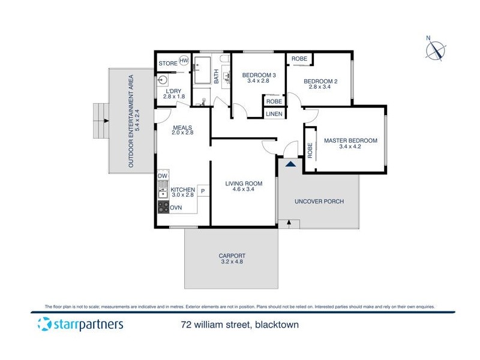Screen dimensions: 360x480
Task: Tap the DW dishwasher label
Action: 163,176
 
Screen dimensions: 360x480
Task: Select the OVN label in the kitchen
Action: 176,208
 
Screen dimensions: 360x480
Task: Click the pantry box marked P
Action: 203,191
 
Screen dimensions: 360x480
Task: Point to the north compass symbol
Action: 436,50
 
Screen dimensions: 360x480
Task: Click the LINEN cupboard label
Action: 274,113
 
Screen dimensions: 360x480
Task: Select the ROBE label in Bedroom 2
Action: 299,59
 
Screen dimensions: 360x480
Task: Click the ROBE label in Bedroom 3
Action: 274,101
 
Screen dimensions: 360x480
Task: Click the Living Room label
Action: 244,184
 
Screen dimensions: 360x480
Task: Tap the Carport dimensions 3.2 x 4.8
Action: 233,263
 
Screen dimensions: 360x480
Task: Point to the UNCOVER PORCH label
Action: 319,202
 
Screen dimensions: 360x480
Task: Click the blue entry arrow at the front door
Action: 290,163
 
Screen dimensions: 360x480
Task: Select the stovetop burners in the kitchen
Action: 163,207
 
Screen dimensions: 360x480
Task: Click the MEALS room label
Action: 182,127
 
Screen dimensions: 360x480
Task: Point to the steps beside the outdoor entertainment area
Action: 100,121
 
